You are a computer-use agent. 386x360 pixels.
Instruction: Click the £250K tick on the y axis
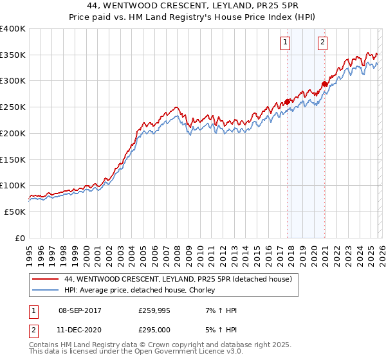point(13,107)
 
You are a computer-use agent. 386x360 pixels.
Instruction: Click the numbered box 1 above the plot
point(284,43)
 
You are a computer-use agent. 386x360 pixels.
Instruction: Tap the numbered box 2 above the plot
point(322,43)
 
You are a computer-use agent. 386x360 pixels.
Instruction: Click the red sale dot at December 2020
point(325,84)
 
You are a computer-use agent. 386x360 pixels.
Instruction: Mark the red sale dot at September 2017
point(288,102)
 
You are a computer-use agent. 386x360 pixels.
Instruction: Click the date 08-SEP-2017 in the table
point(84,310)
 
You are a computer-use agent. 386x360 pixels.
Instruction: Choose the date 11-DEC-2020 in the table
point(84,328)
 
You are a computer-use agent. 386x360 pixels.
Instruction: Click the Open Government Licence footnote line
point(136,352)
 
